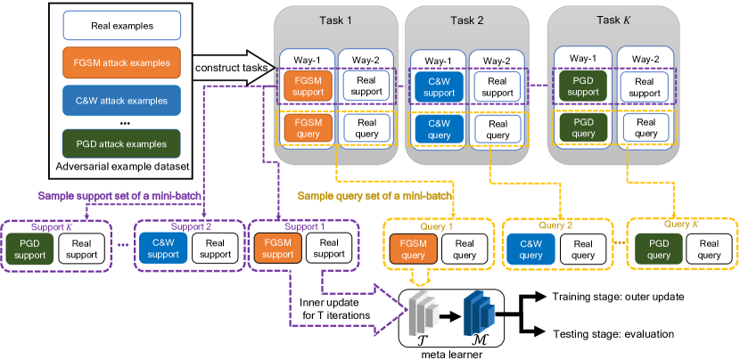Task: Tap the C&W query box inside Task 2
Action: tap(438, 129)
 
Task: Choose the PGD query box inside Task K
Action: tap(581, 129)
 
